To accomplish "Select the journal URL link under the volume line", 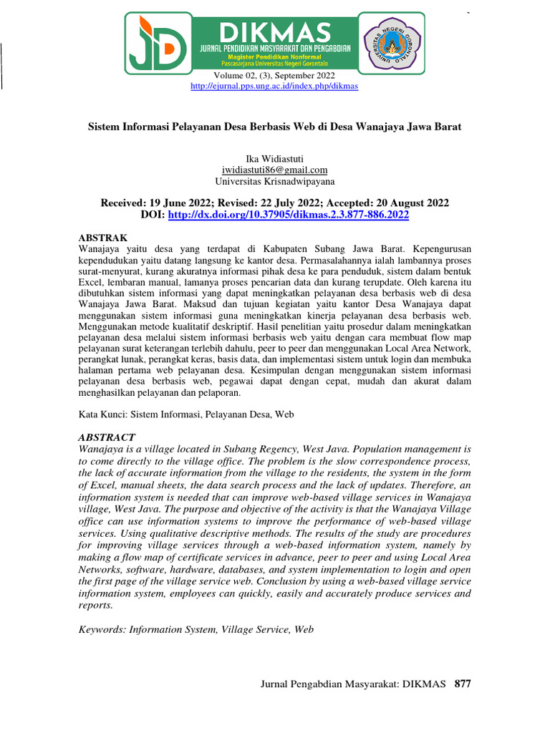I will coord(274,86).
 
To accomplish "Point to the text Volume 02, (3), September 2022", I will coord(274,75).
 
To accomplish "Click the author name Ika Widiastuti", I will coord(274,158).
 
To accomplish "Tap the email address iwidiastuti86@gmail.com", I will coord(274,170).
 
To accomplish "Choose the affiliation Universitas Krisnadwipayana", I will coord(274,181).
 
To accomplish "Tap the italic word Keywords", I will coord(100,629).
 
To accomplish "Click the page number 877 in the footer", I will coord(463,684).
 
